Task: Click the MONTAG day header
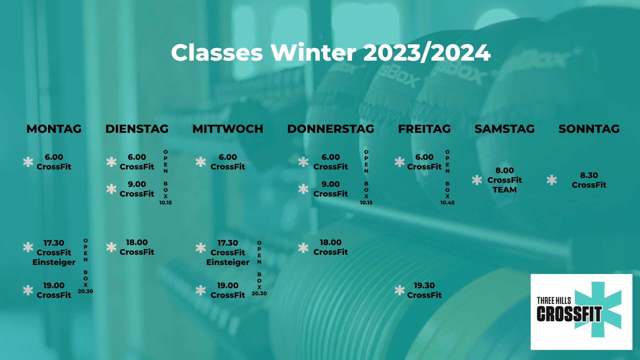54,129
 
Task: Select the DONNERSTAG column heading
331,129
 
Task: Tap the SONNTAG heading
589,129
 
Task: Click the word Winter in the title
313,53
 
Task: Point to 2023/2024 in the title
427,53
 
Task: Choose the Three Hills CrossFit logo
581,312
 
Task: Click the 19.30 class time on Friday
424,285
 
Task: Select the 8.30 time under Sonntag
589,175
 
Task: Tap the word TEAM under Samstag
505,190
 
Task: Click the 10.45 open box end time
447,202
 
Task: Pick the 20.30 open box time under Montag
85,291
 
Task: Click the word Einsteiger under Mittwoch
228,262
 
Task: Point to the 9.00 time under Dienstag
137,184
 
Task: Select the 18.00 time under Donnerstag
331,242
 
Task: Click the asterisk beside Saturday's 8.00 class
477,180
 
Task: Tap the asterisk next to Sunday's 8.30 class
552,180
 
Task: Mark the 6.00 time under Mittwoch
228,157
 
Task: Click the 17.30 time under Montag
54,243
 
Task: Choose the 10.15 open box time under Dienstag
165,202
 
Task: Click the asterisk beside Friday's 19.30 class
399,290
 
